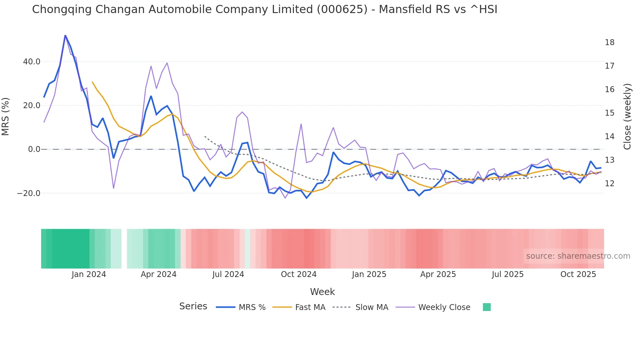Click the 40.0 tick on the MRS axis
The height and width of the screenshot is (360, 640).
click(x=32, y=62)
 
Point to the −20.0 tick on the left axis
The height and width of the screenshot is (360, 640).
click(x=29, y=193)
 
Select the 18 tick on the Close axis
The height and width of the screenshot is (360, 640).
click(x=609, y=42)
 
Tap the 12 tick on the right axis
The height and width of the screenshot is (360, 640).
click(x=609, y=184)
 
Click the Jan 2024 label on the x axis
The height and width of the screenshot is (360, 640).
click(x=89, y=274)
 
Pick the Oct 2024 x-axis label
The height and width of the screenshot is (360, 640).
click(x=298, y=274)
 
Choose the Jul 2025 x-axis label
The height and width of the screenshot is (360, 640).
click(x=507, y=274)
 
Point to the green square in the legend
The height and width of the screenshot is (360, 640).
click(x=487, y=307)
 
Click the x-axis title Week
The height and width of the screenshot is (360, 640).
click(x=322, y=292)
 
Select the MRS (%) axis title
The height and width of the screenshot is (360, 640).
click(x=6, y=117)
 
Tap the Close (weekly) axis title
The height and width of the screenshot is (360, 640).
click(x=627, y=117)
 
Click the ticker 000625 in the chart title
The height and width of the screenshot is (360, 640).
click(x=342, y=9)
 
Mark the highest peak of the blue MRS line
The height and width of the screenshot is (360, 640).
click(x=65, y=35)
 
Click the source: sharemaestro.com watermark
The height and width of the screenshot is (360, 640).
click(x=578, y=256)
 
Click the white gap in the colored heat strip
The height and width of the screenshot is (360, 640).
click(x=124, y=249)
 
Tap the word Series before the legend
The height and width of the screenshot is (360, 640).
click(x=193, y=306)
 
